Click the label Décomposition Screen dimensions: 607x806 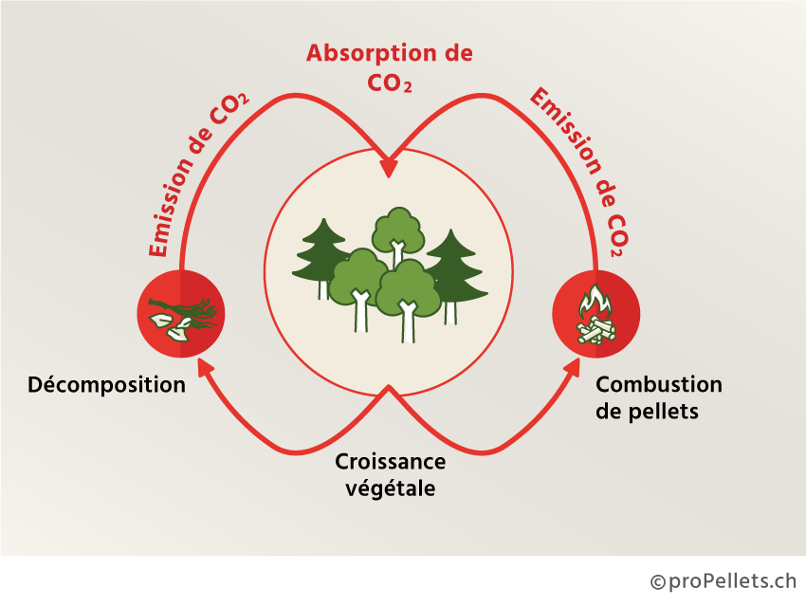(x=106, y=385)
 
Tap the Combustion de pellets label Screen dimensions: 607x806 (x=658, y=398)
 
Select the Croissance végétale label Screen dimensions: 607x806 (x=390, y=475)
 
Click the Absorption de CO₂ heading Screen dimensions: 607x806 (x=389, y=66)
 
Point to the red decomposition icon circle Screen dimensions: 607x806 (x=181, y=314)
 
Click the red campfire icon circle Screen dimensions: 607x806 (x=596, y=314)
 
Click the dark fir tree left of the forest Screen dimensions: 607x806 (x=321, y=254)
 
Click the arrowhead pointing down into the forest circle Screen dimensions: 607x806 (x=389, y=168)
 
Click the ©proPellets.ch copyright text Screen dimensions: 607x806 (x=723, y=580)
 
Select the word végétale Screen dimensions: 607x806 (x=390, y=488)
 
